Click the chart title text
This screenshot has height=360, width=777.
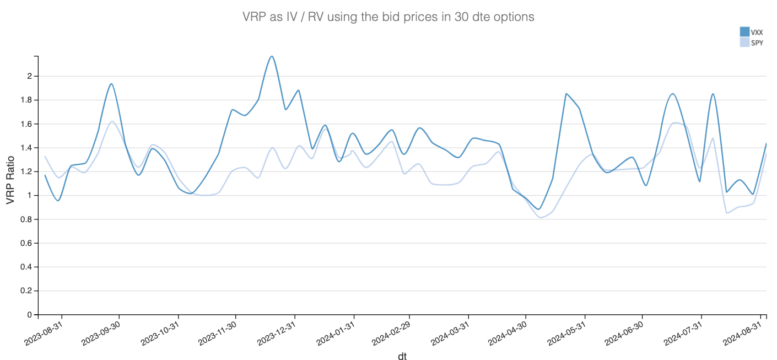tap(388, 17)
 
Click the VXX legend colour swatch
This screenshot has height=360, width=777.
tap(744, 32)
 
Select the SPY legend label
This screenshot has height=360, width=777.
tap(757, 42)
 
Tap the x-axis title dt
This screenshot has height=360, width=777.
tap(402, 356)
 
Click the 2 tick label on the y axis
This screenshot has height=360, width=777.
tap(29, 76)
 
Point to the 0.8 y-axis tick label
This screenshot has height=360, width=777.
tap(27, 219)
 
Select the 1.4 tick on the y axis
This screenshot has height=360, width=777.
tap(27, 148)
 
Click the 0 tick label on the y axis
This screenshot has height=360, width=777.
tap(29, 315)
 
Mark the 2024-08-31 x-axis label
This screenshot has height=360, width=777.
tap(742, 332)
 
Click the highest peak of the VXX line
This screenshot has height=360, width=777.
tap(272, 56)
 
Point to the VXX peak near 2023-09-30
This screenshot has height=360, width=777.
tap(111, 84)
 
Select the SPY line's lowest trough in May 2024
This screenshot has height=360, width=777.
tap(541, 217)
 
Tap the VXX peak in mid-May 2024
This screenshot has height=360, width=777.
tap(566, 94)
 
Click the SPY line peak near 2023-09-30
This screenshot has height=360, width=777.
tap(112, 121)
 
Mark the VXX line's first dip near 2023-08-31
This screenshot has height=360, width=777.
tap(58, 200)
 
